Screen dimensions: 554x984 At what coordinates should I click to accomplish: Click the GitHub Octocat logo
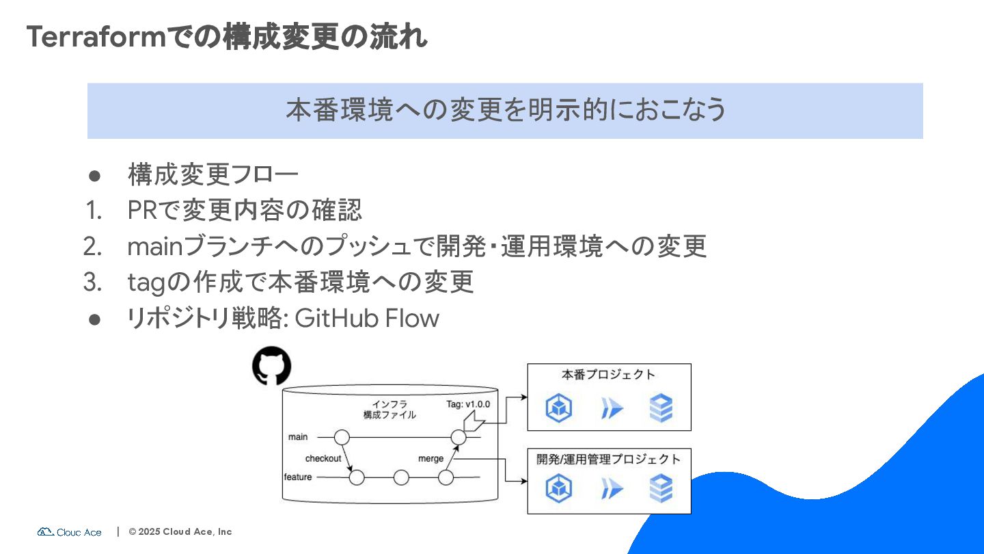coord(271,367)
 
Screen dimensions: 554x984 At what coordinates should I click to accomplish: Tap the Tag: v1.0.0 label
coord(468,404)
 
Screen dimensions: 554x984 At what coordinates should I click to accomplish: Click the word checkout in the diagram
coord(323,458)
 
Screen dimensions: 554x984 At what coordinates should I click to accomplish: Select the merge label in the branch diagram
coord(430,458)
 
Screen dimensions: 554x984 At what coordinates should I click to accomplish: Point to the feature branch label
coord(297,477)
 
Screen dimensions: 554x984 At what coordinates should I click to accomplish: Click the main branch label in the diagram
coord(298,436)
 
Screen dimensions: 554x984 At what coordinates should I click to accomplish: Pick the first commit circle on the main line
coord(342,437)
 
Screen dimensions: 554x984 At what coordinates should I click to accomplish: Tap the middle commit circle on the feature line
coord(401,477)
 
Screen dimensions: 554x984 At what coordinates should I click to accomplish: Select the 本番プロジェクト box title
coord(608,375)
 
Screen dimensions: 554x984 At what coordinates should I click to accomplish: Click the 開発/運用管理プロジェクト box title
coord(608,459)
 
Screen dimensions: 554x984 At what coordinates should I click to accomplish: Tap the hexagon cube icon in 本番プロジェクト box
coord(559,409)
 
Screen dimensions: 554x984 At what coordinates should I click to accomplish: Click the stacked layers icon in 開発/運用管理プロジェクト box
coord(661,490)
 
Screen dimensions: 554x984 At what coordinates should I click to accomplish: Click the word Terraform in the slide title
coord(96,37)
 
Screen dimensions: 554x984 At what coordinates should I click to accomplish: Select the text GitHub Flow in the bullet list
coord(366,318)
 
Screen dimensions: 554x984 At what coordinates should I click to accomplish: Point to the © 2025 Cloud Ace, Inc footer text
coord(180,531)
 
